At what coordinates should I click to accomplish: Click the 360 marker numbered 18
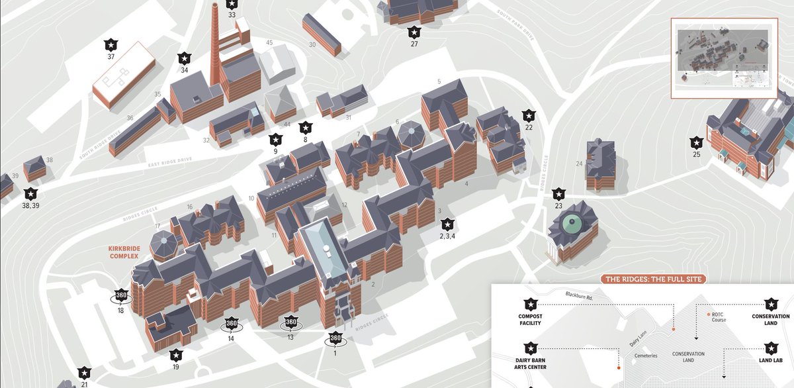[121, 295]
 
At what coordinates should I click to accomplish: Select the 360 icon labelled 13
[291, 322]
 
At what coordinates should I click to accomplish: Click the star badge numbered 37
[111, 44]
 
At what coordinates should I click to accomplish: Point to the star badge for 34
[185, 57]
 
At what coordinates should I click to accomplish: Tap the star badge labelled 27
[414, 31]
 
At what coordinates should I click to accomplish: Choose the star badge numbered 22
[528, 115]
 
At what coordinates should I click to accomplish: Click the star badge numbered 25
[696, 142]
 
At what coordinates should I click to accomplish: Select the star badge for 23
[558, 193]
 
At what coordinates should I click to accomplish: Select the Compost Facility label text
[530, 320]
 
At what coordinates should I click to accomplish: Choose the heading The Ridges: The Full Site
[654, 279]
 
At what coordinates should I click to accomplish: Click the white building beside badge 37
[123, 73]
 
